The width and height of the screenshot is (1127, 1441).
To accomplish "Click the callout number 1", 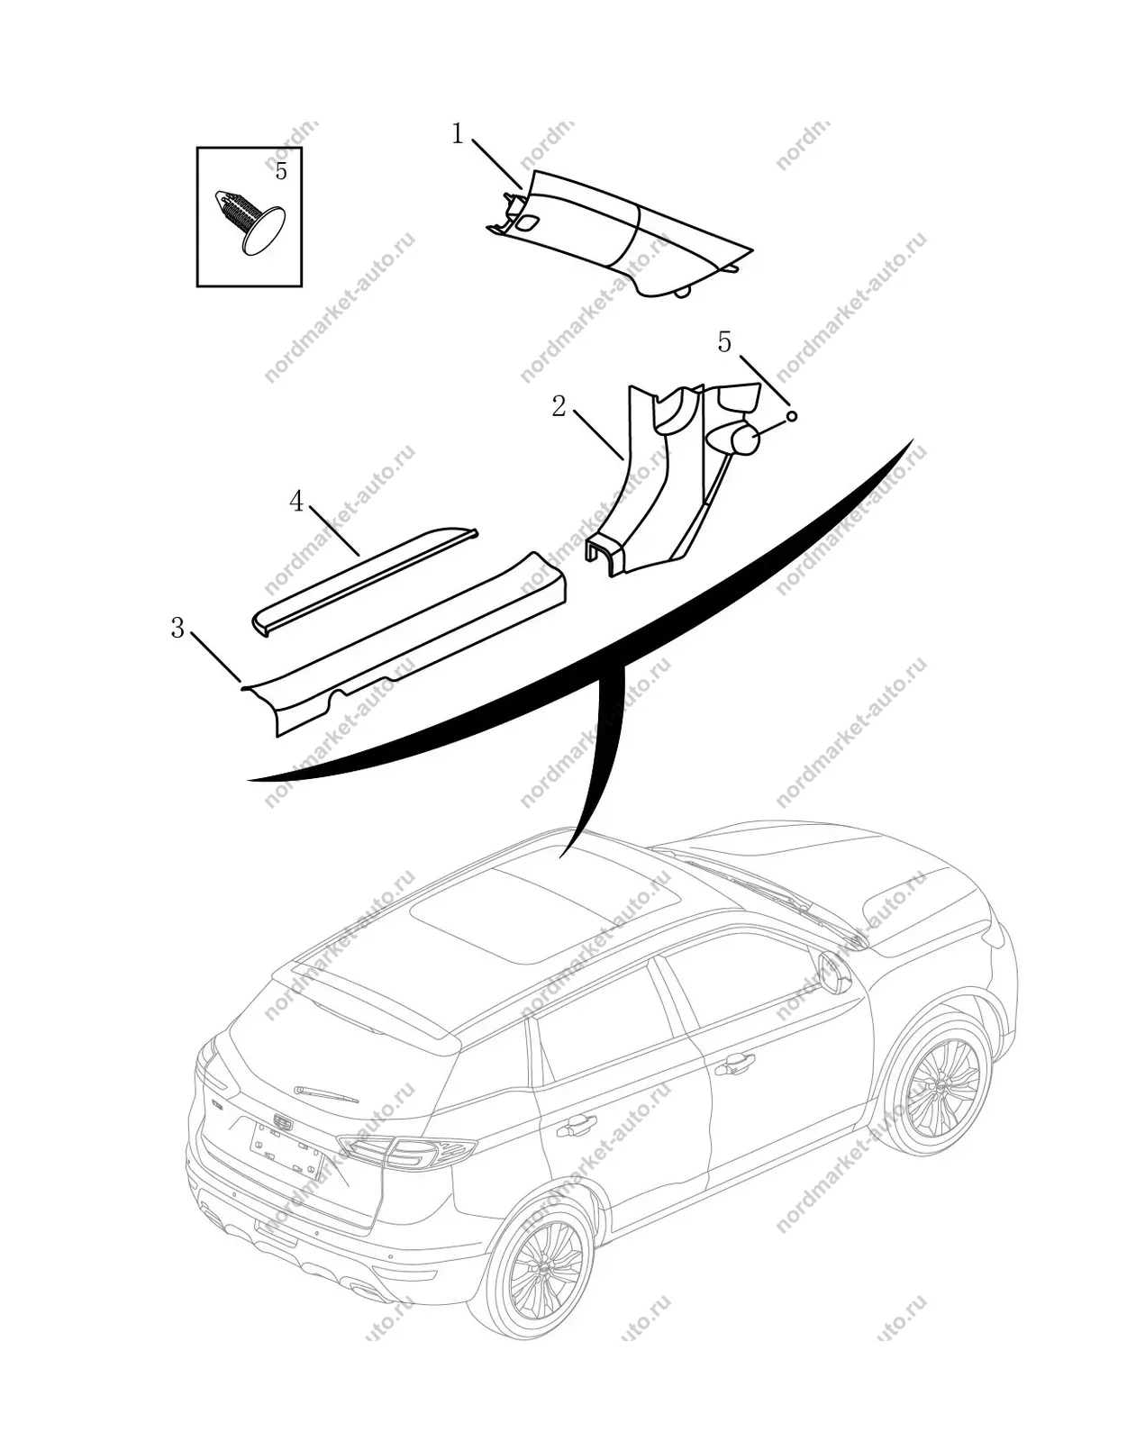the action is tap(457, 134).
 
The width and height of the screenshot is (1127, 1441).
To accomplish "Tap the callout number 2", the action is tap(559, 406).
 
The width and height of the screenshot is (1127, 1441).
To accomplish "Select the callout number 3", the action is tap(177, 628).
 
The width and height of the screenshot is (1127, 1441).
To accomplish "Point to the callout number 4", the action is tap(296, 502).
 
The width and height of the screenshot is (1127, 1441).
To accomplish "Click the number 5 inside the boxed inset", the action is tap(281, 171).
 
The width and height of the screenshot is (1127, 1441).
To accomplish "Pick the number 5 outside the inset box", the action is tap(724, 342).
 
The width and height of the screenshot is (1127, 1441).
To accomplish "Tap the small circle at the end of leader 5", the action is tap(791, 416).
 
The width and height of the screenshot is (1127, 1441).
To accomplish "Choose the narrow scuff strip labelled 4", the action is tap(365, 583).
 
